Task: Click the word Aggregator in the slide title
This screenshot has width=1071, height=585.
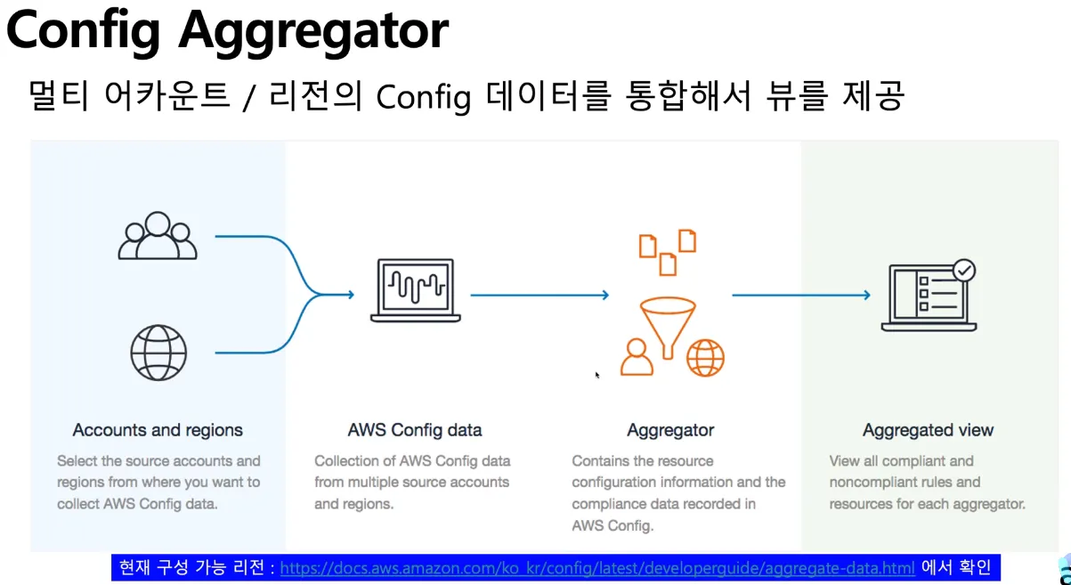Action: coord(313,31)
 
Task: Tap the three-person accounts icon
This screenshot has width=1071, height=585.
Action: coord(158,236)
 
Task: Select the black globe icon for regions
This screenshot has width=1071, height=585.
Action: coord(158,353)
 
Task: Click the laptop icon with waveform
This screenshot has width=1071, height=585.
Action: coord(416,289)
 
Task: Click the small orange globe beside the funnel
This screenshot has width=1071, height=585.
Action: coord(705,358)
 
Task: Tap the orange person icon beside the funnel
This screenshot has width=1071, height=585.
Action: coord(637,357)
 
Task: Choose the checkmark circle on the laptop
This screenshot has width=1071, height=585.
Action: coord(963,271)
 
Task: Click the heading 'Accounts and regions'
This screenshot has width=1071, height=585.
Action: coord(158,430)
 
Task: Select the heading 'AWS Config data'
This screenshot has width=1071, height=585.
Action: coord(415,430)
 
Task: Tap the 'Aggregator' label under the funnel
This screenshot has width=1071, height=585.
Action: coord(670,430)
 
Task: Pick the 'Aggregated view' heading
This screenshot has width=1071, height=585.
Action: coord(928,430)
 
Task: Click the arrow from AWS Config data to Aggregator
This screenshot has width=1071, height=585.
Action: coord(539,295)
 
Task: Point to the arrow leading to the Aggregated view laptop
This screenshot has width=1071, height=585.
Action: coord(800,295)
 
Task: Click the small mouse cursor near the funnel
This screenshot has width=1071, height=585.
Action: coord(597,376)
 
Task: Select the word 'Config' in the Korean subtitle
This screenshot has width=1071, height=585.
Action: coord(423,97)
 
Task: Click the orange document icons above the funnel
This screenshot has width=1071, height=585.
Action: coord(668,251)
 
